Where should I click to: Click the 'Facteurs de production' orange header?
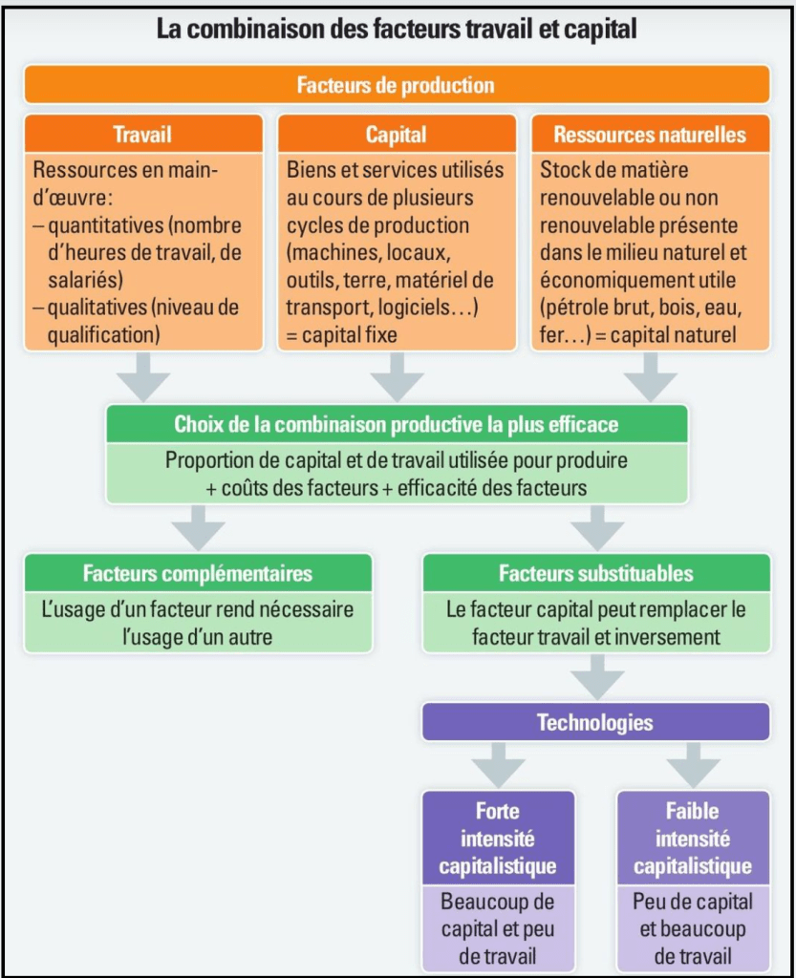pyautogui.click(x=396, y=85)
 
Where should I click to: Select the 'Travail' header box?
pyautogui.click(x=142, y=135)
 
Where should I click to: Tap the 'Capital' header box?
pyautogui.click(x=396, y=135)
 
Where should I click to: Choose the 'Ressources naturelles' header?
pyautogui.click(x=650, y=135)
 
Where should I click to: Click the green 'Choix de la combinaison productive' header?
pyautogui.click(x=396, y=424)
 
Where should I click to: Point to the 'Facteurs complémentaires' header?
pyautogui.click(x=198, y=574)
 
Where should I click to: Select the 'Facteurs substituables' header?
pyautogui.click(x=595, y=574)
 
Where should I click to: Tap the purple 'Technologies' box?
pyautogui.click(x=595, y=722)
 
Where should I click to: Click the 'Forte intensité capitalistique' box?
pyautogui.click(x=497, y=839)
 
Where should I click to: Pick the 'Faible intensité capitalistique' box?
pyautogui.click(x=693, y=839)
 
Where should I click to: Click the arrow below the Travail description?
pyautogui.click(x=142, y=375)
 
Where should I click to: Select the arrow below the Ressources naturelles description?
pyautogui.click(x=650, y=375)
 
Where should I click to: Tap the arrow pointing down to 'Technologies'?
pyautogui.click(x=597, y=677)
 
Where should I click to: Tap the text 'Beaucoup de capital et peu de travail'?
pyautogui.click(x=497, y=928)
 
